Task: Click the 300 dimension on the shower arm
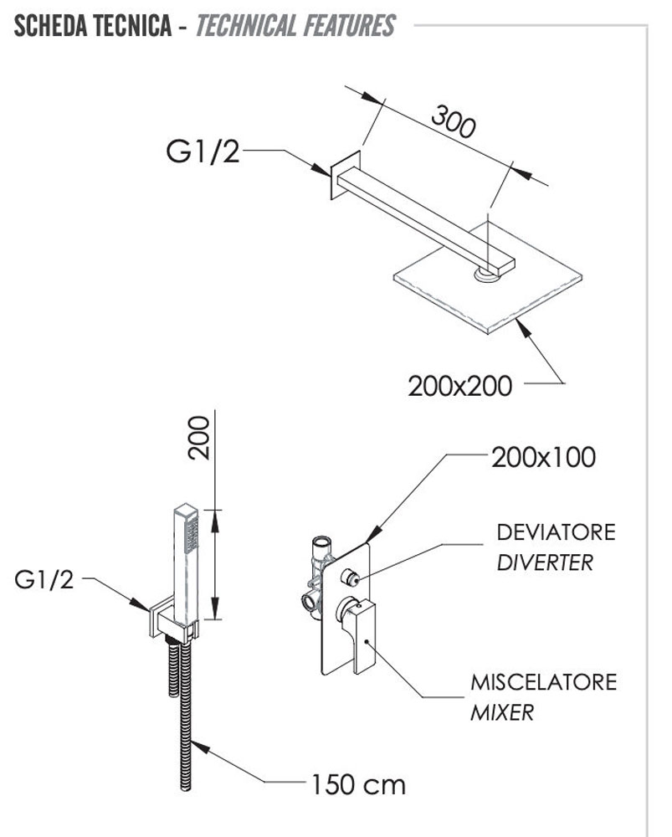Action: [x=453, y=121]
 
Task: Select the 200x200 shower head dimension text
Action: [x=459, y=386]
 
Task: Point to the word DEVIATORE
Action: [x=556, y=532]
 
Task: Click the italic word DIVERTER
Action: [x=544, y=562]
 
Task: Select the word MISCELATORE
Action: [x=543, y=681]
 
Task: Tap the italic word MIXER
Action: [x=502, y=712]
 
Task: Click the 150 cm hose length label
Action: [x=358, y=784]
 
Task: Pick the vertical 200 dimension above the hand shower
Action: [x=198, y=436]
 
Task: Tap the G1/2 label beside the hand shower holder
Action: [x=44, y=579]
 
